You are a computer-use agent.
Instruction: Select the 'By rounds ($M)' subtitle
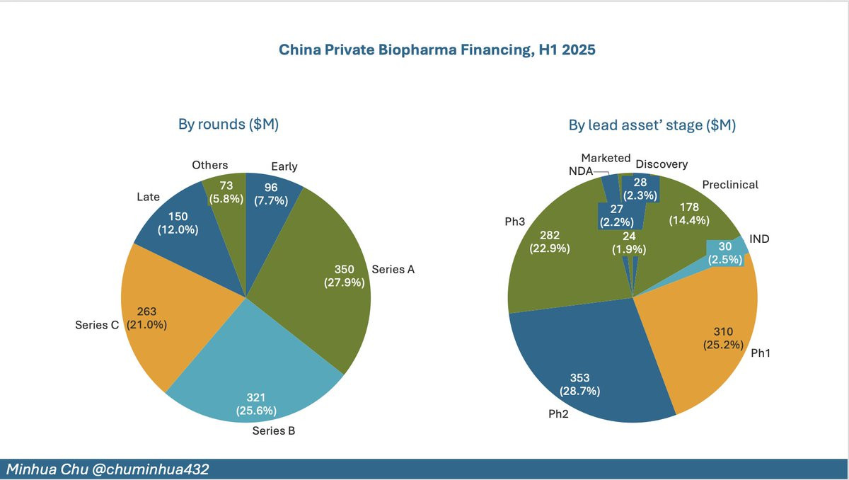click(228, 125)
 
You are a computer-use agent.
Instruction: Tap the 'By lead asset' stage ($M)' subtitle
click(652, 125)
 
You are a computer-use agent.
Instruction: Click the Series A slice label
click(393, 269)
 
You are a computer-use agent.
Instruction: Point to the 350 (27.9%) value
click(344, 275)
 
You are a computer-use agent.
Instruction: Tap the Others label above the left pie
click(209, 165)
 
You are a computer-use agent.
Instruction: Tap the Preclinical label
click(730, 185)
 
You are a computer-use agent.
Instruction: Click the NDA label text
click(580, 171)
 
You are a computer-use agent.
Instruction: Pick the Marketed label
click(606, 158)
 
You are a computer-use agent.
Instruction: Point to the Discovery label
click(662, 164)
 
